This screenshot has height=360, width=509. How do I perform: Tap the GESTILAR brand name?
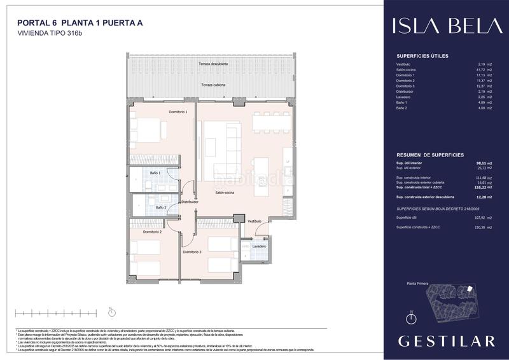tap(446, 341)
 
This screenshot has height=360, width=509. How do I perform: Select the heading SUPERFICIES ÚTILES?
tap(422, 56)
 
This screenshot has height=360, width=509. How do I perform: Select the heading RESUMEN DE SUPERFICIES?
tap(429, 155)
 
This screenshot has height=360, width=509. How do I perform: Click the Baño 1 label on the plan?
tap(155, 173)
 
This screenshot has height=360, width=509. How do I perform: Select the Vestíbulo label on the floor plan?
tap(254, 220)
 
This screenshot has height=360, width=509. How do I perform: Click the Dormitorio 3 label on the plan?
tap(192, 253)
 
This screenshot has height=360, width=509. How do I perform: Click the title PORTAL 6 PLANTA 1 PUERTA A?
tap(80, 24)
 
